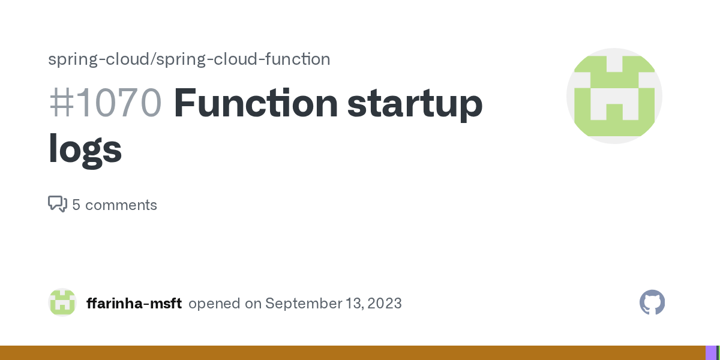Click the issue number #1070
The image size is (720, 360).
tap(105, 103)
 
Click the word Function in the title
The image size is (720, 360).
tap(256, 103)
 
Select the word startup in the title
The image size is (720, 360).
tap(415, 105)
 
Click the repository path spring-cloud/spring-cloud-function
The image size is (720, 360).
tap(189, 59)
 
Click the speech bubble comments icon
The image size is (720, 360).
tap(58, 204)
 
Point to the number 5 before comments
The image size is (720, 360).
tap(76, 205)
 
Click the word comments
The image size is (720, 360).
tap(121, 205)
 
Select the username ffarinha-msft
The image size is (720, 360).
tap(134, 303)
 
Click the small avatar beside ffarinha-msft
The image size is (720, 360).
tap(62, 302)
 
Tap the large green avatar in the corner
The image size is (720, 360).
tap(614, 96)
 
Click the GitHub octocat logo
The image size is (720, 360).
tap(652, 302)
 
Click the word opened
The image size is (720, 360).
tap(214, 304)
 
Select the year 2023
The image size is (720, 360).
tap(385, 304)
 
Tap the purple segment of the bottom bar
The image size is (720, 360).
tap(711, 353)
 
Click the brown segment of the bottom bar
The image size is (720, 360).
tap(353, 353)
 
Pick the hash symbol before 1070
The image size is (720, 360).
tap(62, 103)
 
